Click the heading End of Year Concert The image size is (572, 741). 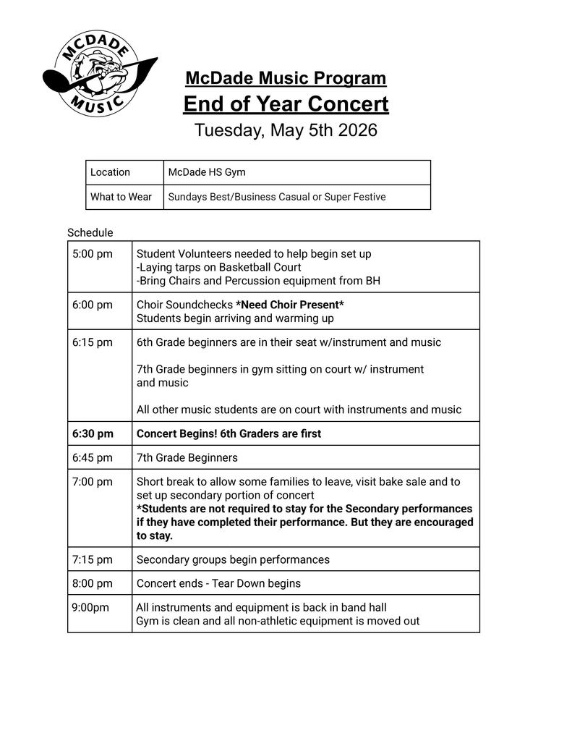[286, 104]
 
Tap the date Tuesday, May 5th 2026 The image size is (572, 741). [286, 131]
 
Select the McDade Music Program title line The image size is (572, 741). [286, 78]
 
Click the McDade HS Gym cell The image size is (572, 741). [207, 172]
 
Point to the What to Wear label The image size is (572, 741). [121, 197]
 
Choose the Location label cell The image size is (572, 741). [111, 172]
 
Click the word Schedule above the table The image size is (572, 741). [90, 233]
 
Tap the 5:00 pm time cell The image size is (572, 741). [93, 254]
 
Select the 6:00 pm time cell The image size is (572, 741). [93, 305]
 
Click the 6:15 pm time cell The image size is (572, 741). [93, 342]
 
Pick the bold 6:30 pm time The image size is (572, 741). [93, 433]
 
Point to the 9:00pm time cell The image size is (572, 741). [90, 607]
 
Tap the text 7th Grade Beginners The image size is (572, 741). [187, 457]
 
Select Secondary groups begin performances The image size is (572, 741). [233, 559]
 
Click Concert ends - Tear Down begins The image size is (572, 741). [218, 583]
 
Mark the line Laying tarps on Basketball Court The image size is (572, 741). [219, 267]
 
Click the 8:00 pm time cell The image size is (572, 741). [93, 583]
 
